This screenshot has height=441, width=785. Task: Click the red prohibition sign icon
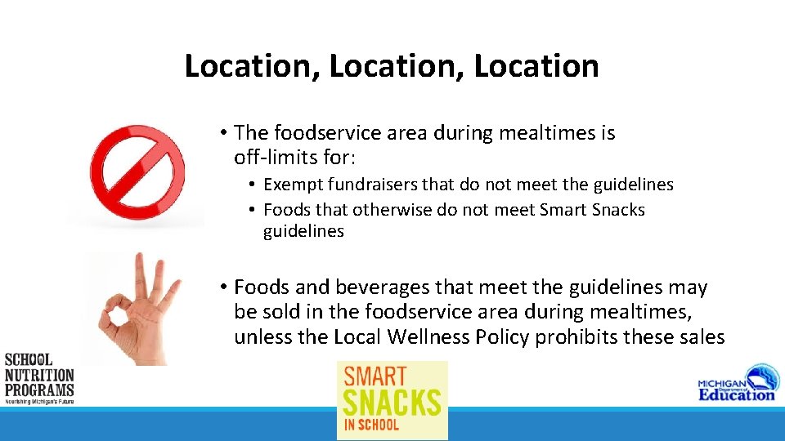137,171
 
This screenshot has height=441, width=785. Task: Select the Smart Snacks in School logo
392,400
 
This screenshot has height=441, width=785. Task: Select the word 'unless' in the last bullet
262,337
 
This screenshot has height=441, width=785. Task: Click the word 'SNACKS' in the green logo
392,403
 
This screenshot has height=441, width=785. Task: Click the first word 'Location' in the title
251,66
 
